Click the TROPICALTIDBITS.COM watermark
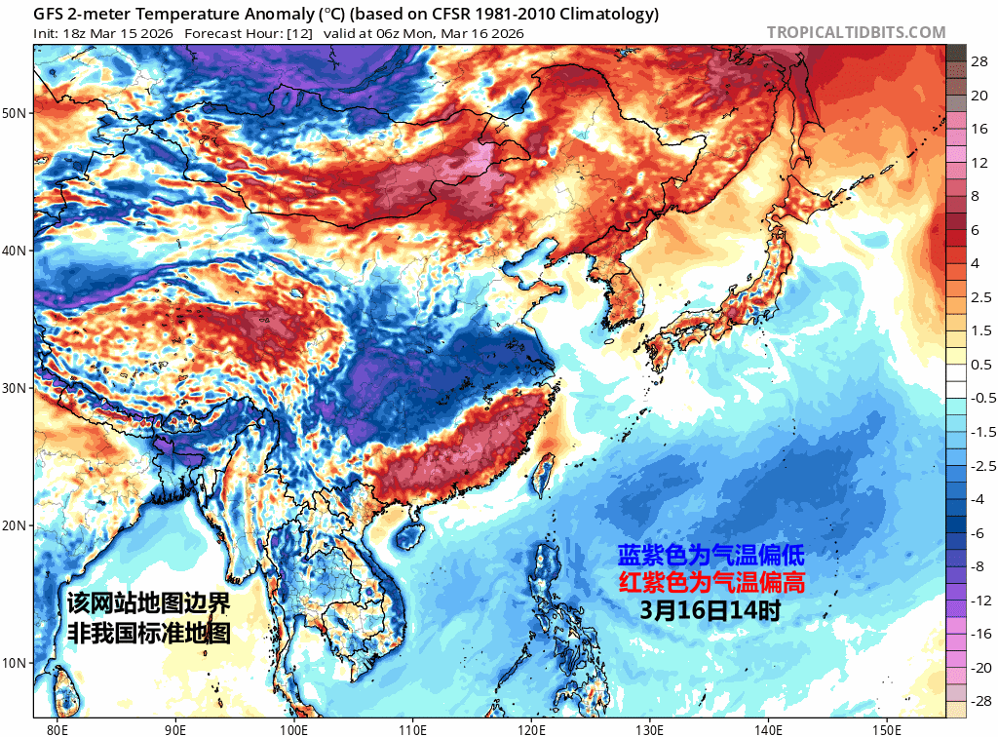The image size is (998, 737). coord(856,32)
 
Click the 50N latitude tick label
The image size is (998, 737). coord(15,113)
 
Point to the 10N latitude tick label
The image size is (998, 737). coord(15,664)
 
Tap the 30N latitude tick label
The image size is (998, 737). coord(15,388)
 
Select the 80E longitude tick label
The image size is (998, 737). coord(58,727)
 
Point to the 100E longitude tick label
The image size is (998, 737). coord(293,727)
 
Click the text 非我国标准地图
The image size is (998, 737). coord(149,632)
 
